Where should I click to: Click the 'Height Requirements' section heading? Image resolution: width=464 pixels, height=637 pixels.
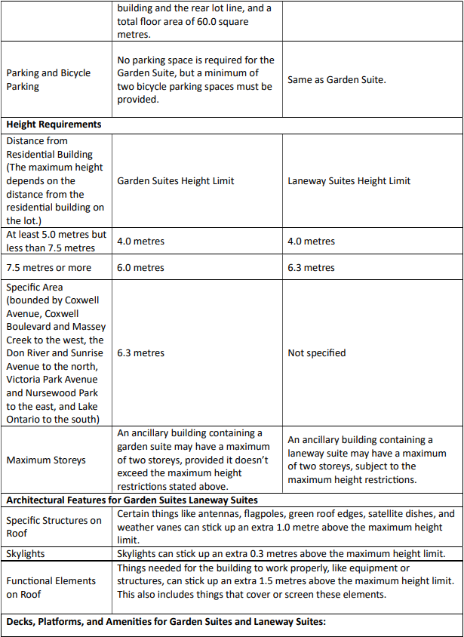[54, 125]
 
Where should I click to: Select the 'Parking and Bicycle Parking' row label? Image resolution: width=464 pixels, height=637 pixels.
[48, 80]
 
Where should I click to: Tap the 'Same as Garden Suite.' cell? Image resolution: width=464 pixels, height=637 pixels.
[336, 79]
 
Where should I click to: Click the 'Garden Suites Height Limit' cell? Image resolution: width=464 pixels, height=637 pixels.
[176, 181]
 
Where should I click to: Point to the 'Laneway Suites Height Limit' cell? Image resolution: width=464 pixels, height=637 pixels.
[349, 181]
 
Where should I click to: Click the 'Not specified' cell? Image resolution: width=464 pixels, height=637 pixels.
[317, 352]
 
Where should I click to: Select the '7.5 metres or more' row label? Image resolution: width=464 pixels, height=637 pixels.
[49, 268]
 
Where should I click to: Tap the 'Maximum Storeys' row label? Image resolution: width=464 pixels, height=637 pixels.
[46, 460]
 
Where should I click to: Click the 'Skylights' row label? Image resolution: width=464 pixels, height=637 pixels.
[26, 554]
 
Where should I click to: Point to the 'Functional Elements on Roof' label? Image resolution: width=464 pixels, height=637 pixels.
[51, 587]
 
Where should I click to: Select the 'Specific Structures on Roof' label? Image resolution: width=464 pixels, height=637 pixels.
[54, 527]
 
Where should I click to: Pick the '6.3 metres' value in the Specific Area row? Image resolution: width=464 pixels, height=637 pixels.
[140, 352]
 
